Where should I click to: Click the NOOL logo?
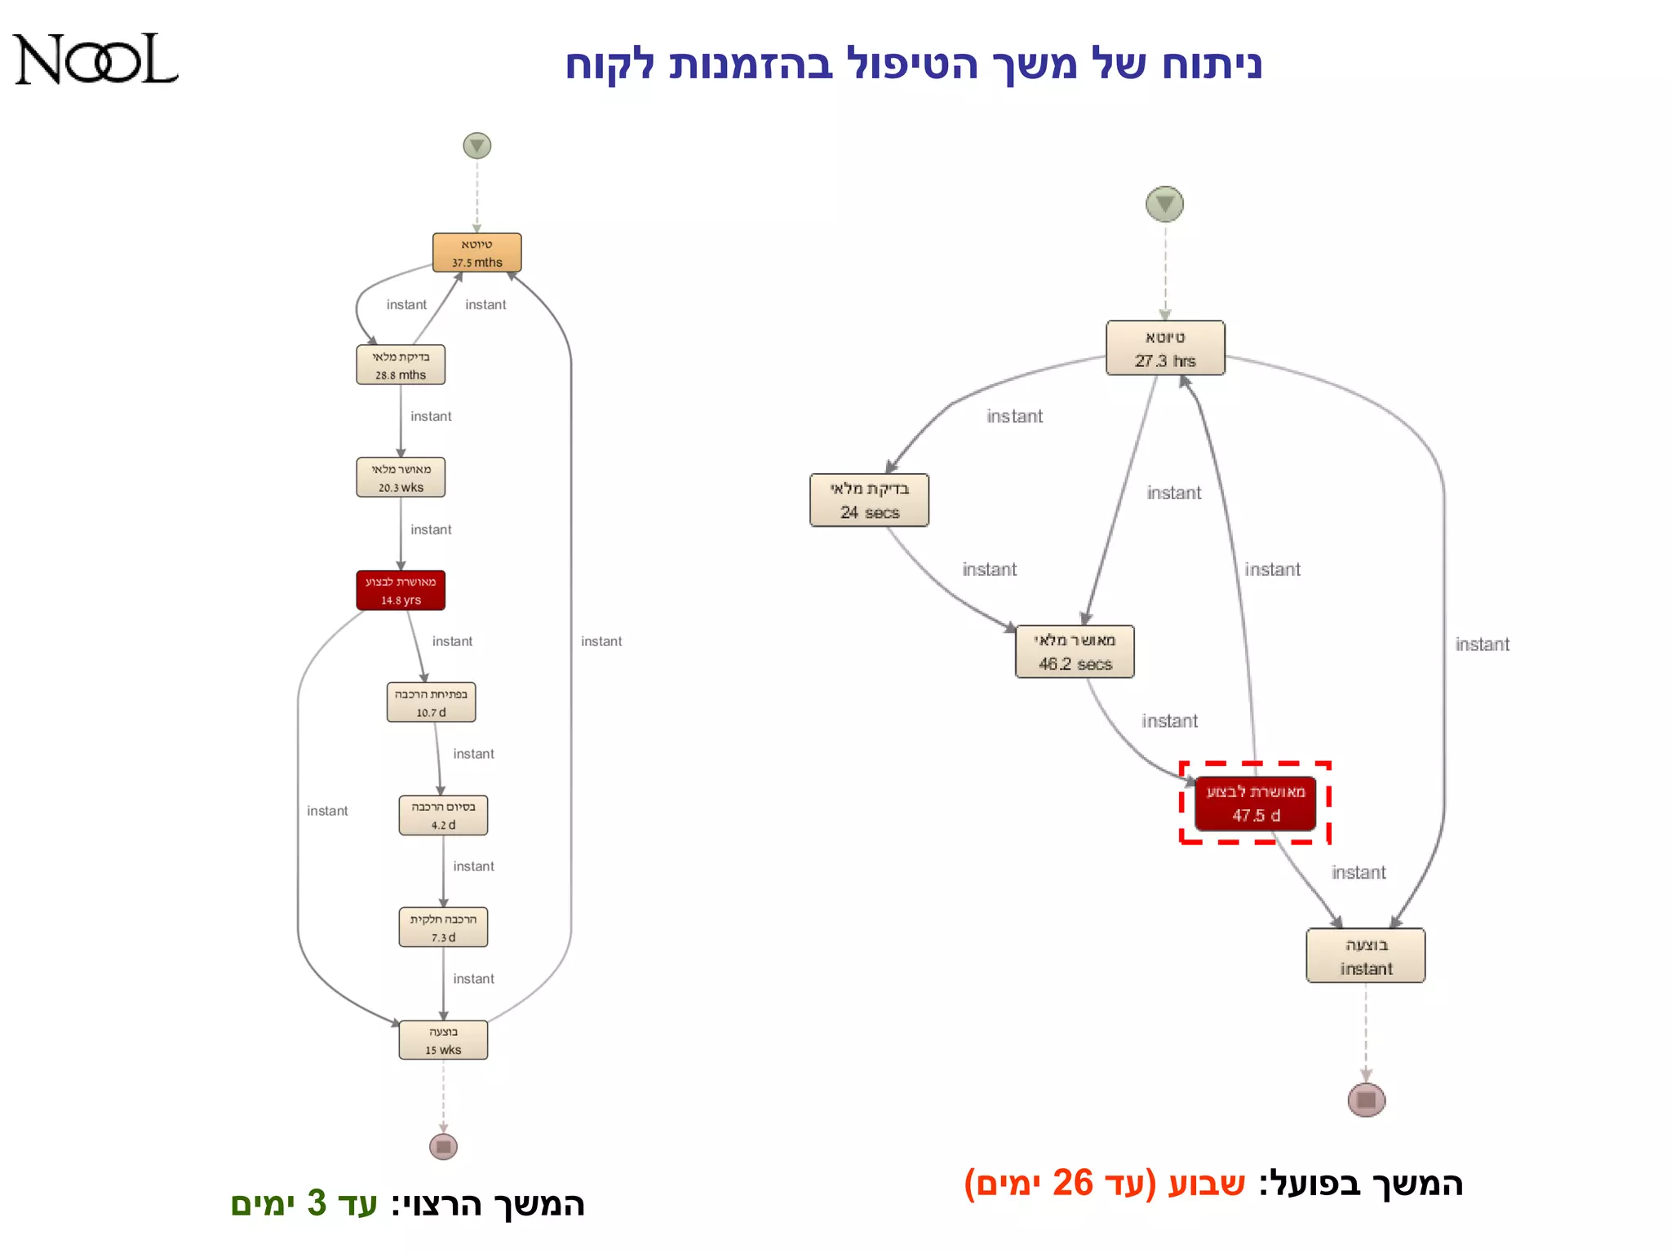click(x=95, y=60)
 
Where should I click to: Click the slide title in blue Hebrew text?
click(x=914, y=64)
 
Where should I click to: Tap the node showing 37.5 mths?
click(x=477, y=253)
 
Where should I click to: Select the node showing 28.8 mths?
click(x=401, y=365)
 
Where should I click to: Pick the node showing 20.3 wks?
click(x=401, y=478)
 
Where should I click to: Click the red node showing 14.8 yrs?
click(x=401, y=591)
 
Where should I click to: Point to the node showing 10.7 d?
click(x=431, y=702)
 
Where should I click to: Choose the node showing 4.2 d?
click(x=443, y=815)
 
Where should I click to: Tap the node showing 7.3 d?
click(x=443, y=928)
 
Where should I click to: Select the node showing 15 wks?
click(x=443, y=1040)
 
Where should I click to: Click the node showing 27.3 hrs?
click(x=1165, y=348)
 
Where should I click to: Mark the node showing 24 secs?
click(x=870, y=500)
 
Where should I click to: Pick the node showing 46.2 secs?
click(x=1075, y=652)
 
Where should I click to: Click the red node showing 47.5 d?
click(x=1256, y=804)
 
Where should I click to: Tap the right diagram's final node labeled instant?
click(x=1366, y=956)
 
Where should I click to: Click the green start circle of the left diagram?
click(x=477, y=146)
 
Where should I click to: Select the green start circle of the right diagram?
click(x=1164, y=204)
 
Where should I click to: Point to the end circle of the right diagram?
click(x=1367, y=1100)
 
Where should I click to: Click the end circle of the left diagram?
click(x=443, y=1147)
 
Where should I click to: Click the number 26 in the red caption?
click(x=1072, y=1183)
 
